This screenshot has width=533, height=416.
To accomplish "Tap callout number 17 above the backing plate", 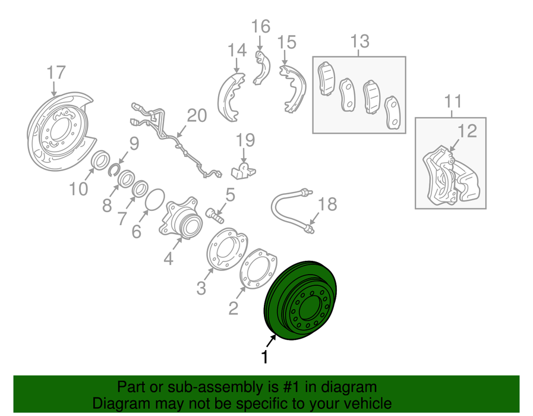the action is pos(56,73).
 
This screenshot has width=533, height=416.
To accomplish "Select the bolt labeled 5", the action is pos(215,216).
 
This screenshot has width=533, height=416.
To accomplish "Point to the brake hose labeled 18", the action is pos(291,207).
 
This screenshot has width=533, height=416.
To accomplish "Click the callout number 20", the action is pos(197,115).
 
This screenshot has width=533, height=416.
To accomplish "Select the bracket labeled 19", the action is pos(244,170).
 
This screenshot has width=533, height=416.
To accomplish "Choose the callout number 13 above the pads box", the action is pos(359,41).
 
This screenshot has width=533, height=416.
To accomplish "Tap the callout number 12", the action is pos(467,131).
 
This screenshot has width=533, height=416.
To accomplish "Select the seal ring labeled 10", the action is pos(100,160).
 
